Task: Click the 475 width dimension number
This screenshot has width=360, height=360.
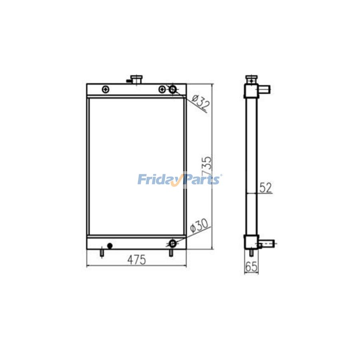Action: click(137, 260)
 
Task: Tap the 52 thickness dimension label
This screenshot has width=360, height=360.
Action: click(266, 188)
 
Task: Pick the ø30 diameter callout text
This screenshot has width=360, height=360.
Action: click(199, 226)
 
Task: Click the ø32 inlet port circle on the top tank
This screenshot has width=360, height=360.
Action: click(173, 89)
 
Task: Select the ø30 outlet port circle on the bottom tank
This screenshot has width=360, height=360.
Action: click(173, 243)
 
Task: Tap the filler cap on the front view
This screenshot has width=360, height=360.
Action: click(136, 80)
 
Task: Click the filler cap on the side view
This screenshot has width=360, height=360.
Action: click(252, 80)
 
